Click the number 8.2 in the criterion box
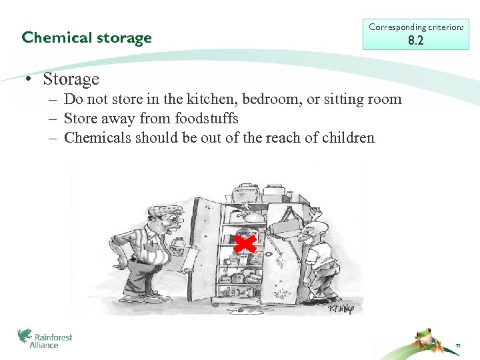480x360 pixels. pos(416,41)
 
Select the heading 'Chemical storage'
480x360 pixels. pos(87,37)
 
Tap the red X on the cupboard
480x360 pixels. pos(245,245)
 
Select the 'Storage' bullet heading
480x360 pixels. pos(70,79)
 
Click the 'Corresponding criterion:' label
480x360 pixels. pos(416,27)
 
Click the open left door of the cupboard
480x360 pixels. pos(204,247)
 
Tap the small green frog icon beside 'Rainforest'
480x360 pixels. pos(24,336)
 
